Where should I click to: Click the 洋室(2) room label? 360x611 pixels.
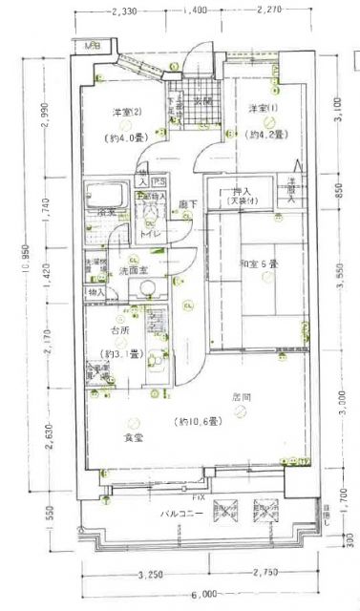(x=127, y=114)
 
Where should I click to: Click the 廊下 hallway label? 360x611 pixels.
(x=187, y=204)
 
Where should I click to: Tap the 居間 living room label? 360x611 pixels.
(x=241, y=396)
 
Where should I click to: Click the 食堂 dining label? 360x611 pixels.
(x=133, y=437)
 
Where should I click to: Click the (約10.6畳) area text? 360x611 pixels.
(x=198, y=420)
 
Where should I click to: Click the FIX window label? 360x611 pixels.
(x=199, y=497)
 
